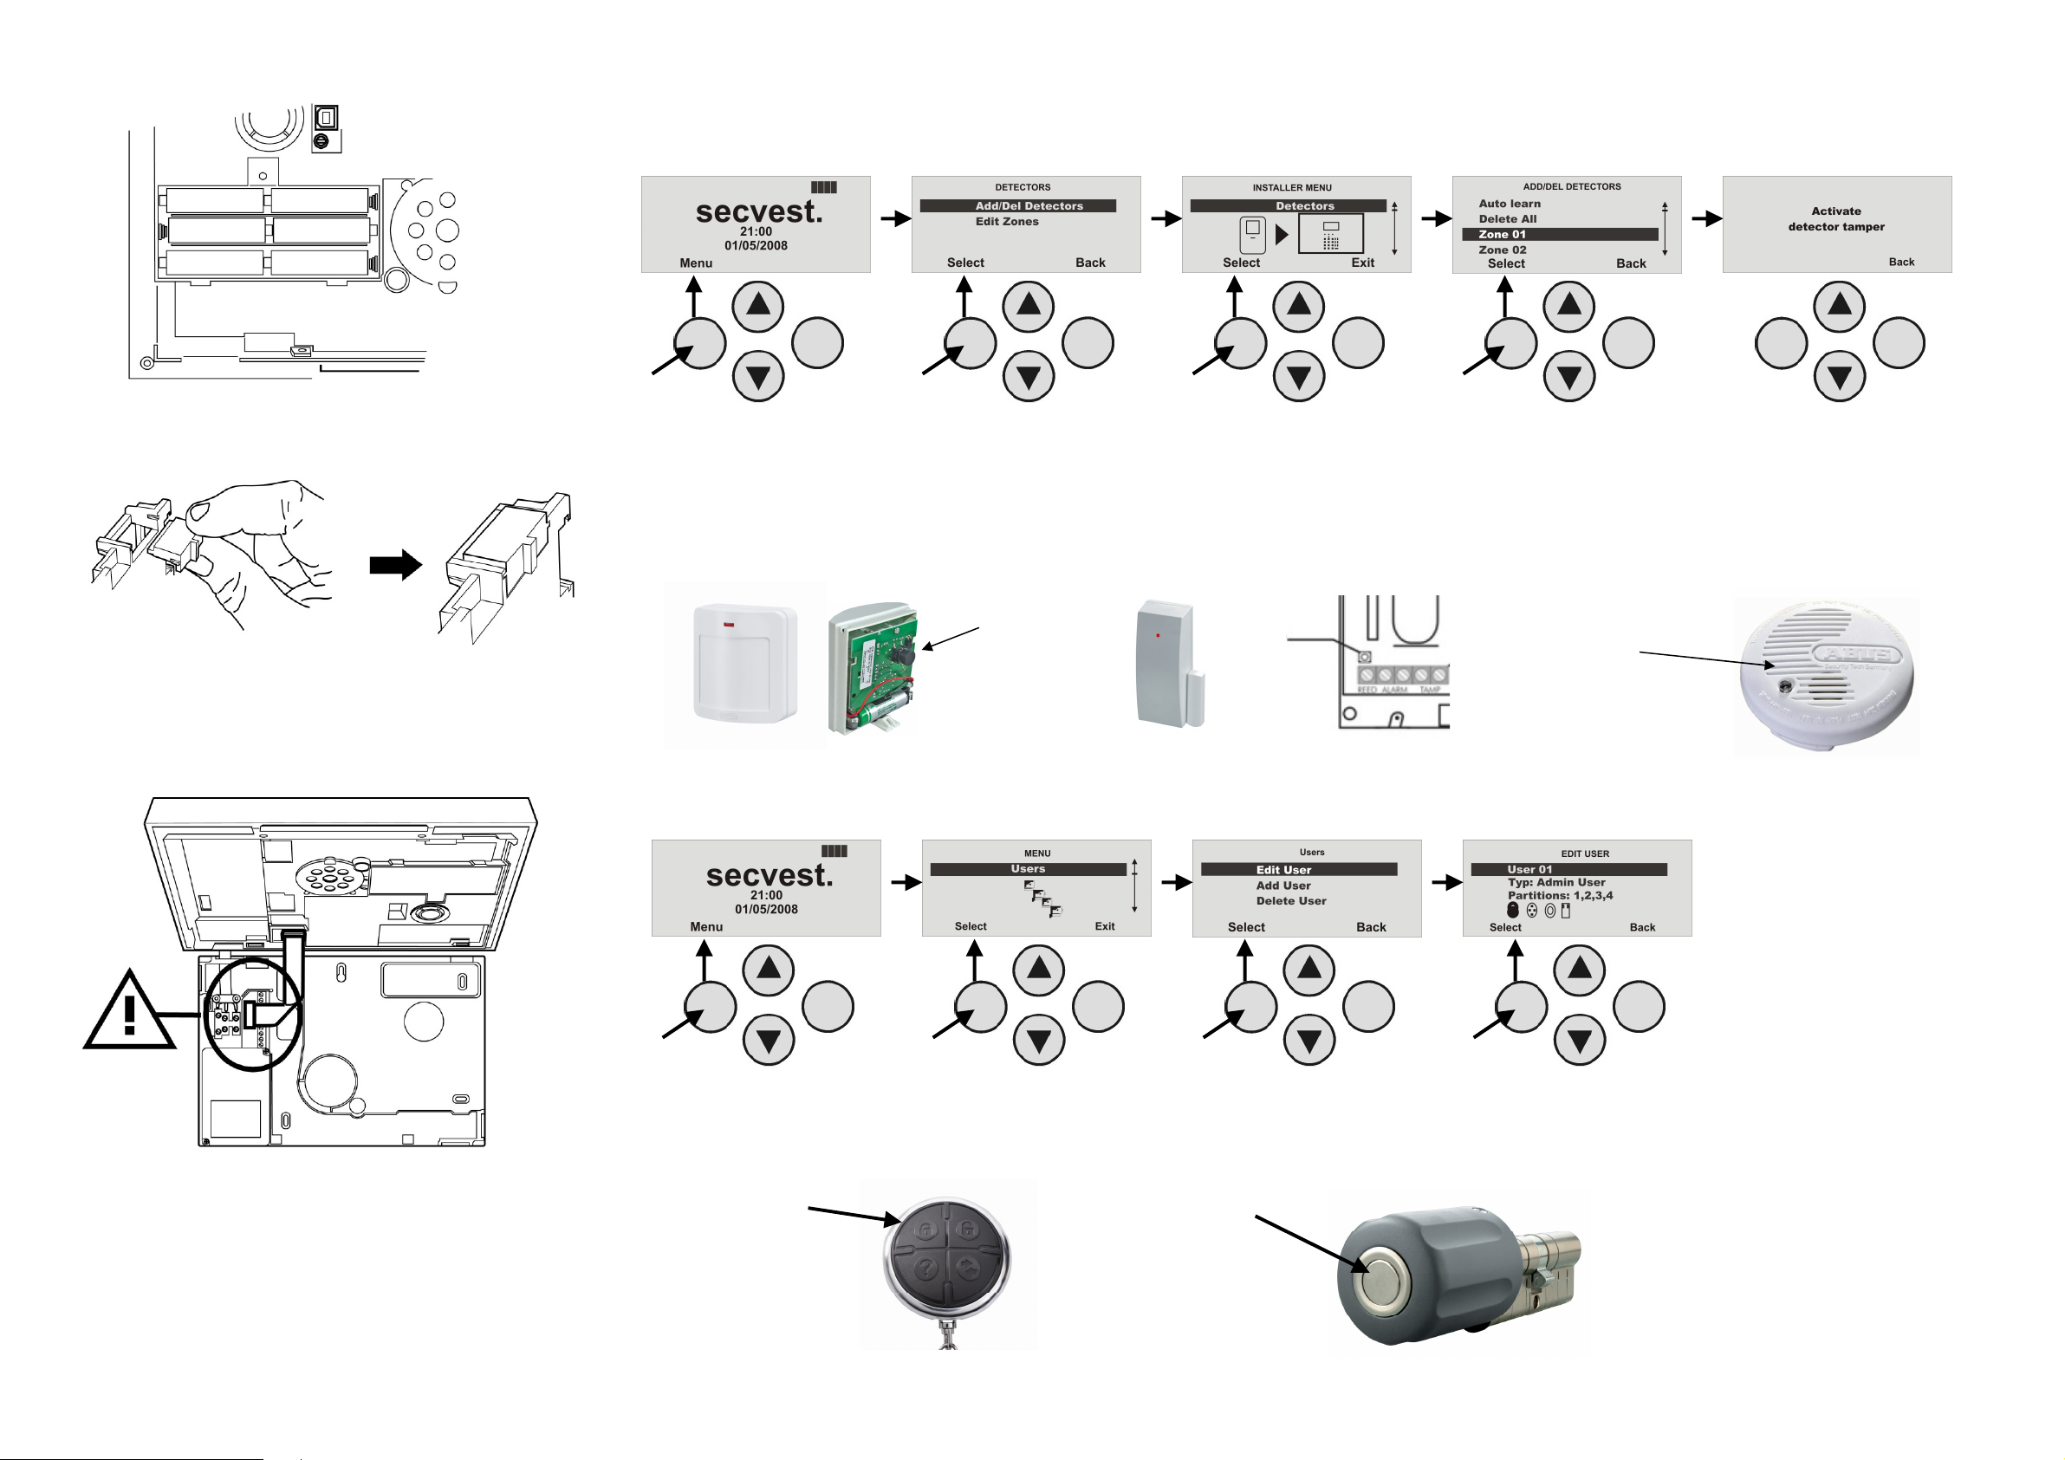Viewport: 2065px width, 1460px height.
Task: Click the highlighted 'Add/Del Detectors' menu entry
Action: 1028,206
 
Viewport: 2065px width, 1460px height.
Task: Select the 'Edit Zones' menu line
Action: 1006,221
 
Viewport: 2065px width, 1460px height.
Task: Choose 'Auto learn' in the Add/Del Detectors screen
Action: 1510,204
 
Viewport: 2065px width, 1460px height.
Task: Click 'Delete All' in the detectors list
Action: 1508,218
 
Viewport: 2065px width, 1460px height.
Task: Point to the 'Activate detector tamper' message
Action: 1835,218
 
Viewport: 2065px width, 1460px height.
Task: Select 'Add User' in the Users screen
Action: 1283,886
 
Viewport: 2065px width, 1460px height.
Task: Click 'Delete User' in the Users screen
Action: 1290,900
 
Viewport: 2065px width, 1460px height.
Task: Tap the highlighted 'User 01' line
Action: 1529,869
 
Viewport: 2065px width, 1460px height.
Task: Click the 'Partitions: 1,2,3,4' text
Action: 1560,895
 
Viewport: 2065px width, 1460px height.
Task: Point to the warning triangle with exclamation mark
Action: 129,1012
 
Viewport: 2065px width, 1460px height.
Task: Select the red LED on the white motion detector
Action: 729,625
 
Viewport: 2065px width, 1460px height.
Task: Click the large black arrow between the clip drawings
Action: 396,565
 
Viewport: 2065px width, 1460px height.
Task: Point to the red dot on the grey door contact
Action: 1158,635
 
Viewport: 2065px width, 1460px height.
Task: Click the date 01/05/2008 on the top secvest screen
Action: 756,245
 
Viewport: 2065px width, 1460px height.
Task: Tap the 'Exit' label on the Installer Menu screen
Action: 1361,263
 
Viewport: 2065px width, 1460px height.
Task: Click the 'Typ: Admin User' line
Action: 1556,882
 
